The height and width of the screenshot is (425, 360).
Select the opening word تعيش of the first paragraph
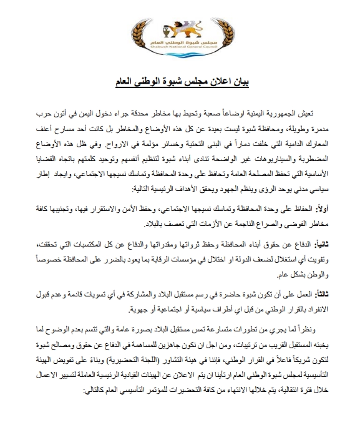pos(319,112)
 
